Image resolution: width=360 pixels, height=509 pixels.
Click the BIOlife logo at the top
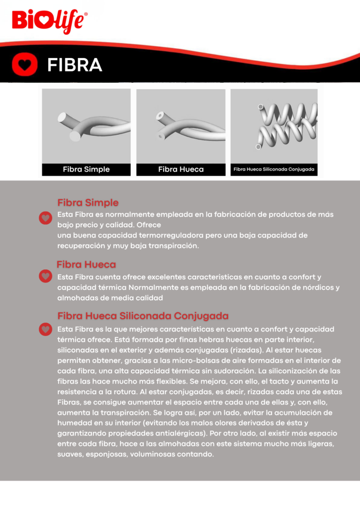(50, 21)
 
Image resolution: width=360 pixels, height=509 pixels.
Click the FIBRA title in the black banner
(75, 65)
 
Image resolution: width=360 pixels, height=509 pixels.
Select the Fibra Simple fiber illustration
(86, 126)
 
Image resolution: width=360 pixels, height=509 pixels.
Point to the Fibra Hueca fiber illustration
(180, 126)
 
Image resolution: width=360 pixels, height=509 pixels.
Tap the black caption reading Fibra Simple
(86, 170)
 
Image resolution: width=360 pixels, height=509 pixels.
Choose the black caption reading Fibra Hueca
(180, 170)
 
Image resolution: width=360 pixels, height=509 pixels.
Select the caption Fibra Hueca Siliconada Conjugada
(274, 170)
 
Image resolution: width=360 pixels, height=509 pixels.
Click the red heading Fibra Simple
(88, 203)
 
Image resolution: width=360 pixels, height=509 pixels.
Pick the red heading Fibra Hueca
(86, 264)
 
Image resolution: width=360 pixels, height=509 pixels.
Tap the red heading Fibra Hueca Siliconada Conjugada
(143, 316)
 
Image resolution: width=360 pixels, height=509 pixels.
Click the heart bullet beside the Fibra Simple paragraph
(45, 218)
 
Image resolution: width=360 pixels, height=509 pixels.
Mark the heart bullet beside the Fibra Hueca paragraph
(45, 276)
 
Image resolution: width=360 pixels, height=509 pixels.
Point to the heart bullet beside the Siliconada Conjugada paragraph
(45, 329)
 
